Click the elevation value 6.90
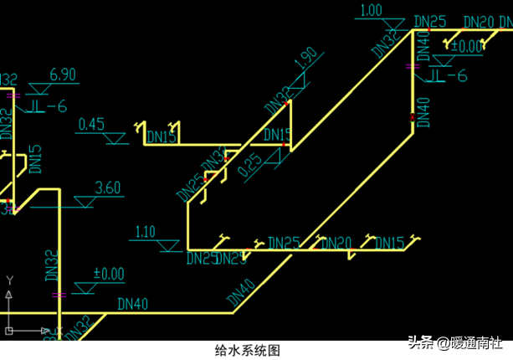(x=63, y=75)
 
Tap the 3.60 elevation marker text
(x=110, y=188)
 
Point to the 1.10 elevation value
(x=146, y=232)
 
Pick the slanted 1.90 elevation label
(x=306, y=60)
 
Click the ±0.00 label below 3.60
(x=108, y=274)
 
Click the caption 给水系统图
(x=248, y=350)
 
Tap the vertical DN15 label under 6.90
(x=36, y=159)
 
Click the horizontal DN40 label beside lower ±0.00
(x=134, y=303)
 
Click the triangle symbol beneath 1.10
(x=171, y=245)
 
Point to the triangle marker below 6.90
(x=38, y=89)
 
